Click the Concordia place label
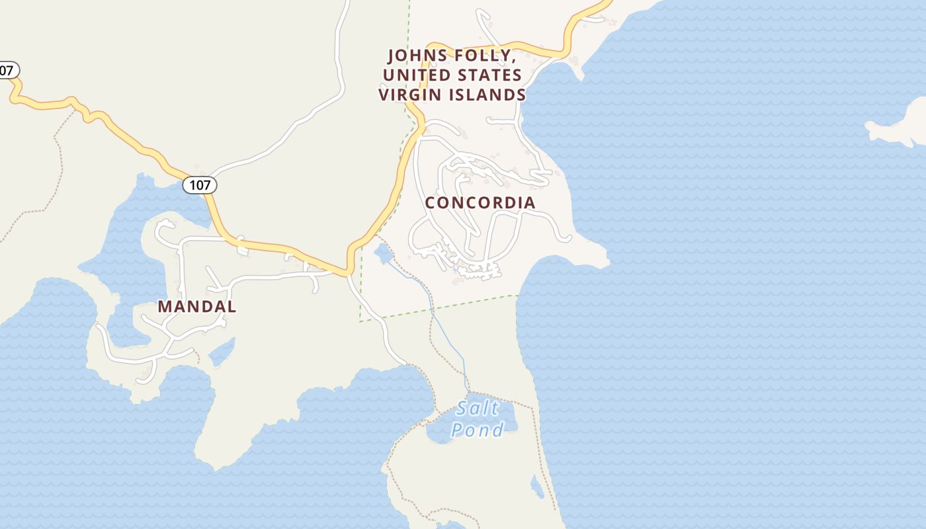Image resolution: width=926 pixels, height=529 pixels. tap(480, 202)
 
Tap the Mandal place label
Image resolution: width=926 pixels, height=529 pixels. tap(196, 307)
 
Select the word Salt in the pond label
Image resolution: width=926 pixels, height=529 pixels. tap(478, 407)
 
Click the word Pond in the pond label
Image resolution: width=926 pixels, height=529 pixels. tap(477, 430)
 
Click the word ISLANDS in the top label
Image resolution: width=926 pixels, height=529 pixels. tap(487, 95)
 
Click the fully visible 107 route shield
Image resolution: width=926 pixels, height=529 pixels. tap(200, 185)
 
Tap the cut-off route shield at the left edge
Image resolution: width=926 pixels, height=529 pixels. tap(8, 70)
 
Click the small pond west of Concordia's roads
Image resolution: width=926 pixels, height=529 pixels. tap(383, 253)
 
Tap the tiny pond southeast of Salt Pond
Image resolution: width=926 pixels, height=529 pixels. tap(537, 487)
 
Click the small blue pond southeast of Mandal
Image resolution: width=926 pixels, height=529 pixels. tap(223, 352)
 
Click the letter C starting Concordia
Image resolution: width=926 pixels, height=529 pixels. tap(431, 202)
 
